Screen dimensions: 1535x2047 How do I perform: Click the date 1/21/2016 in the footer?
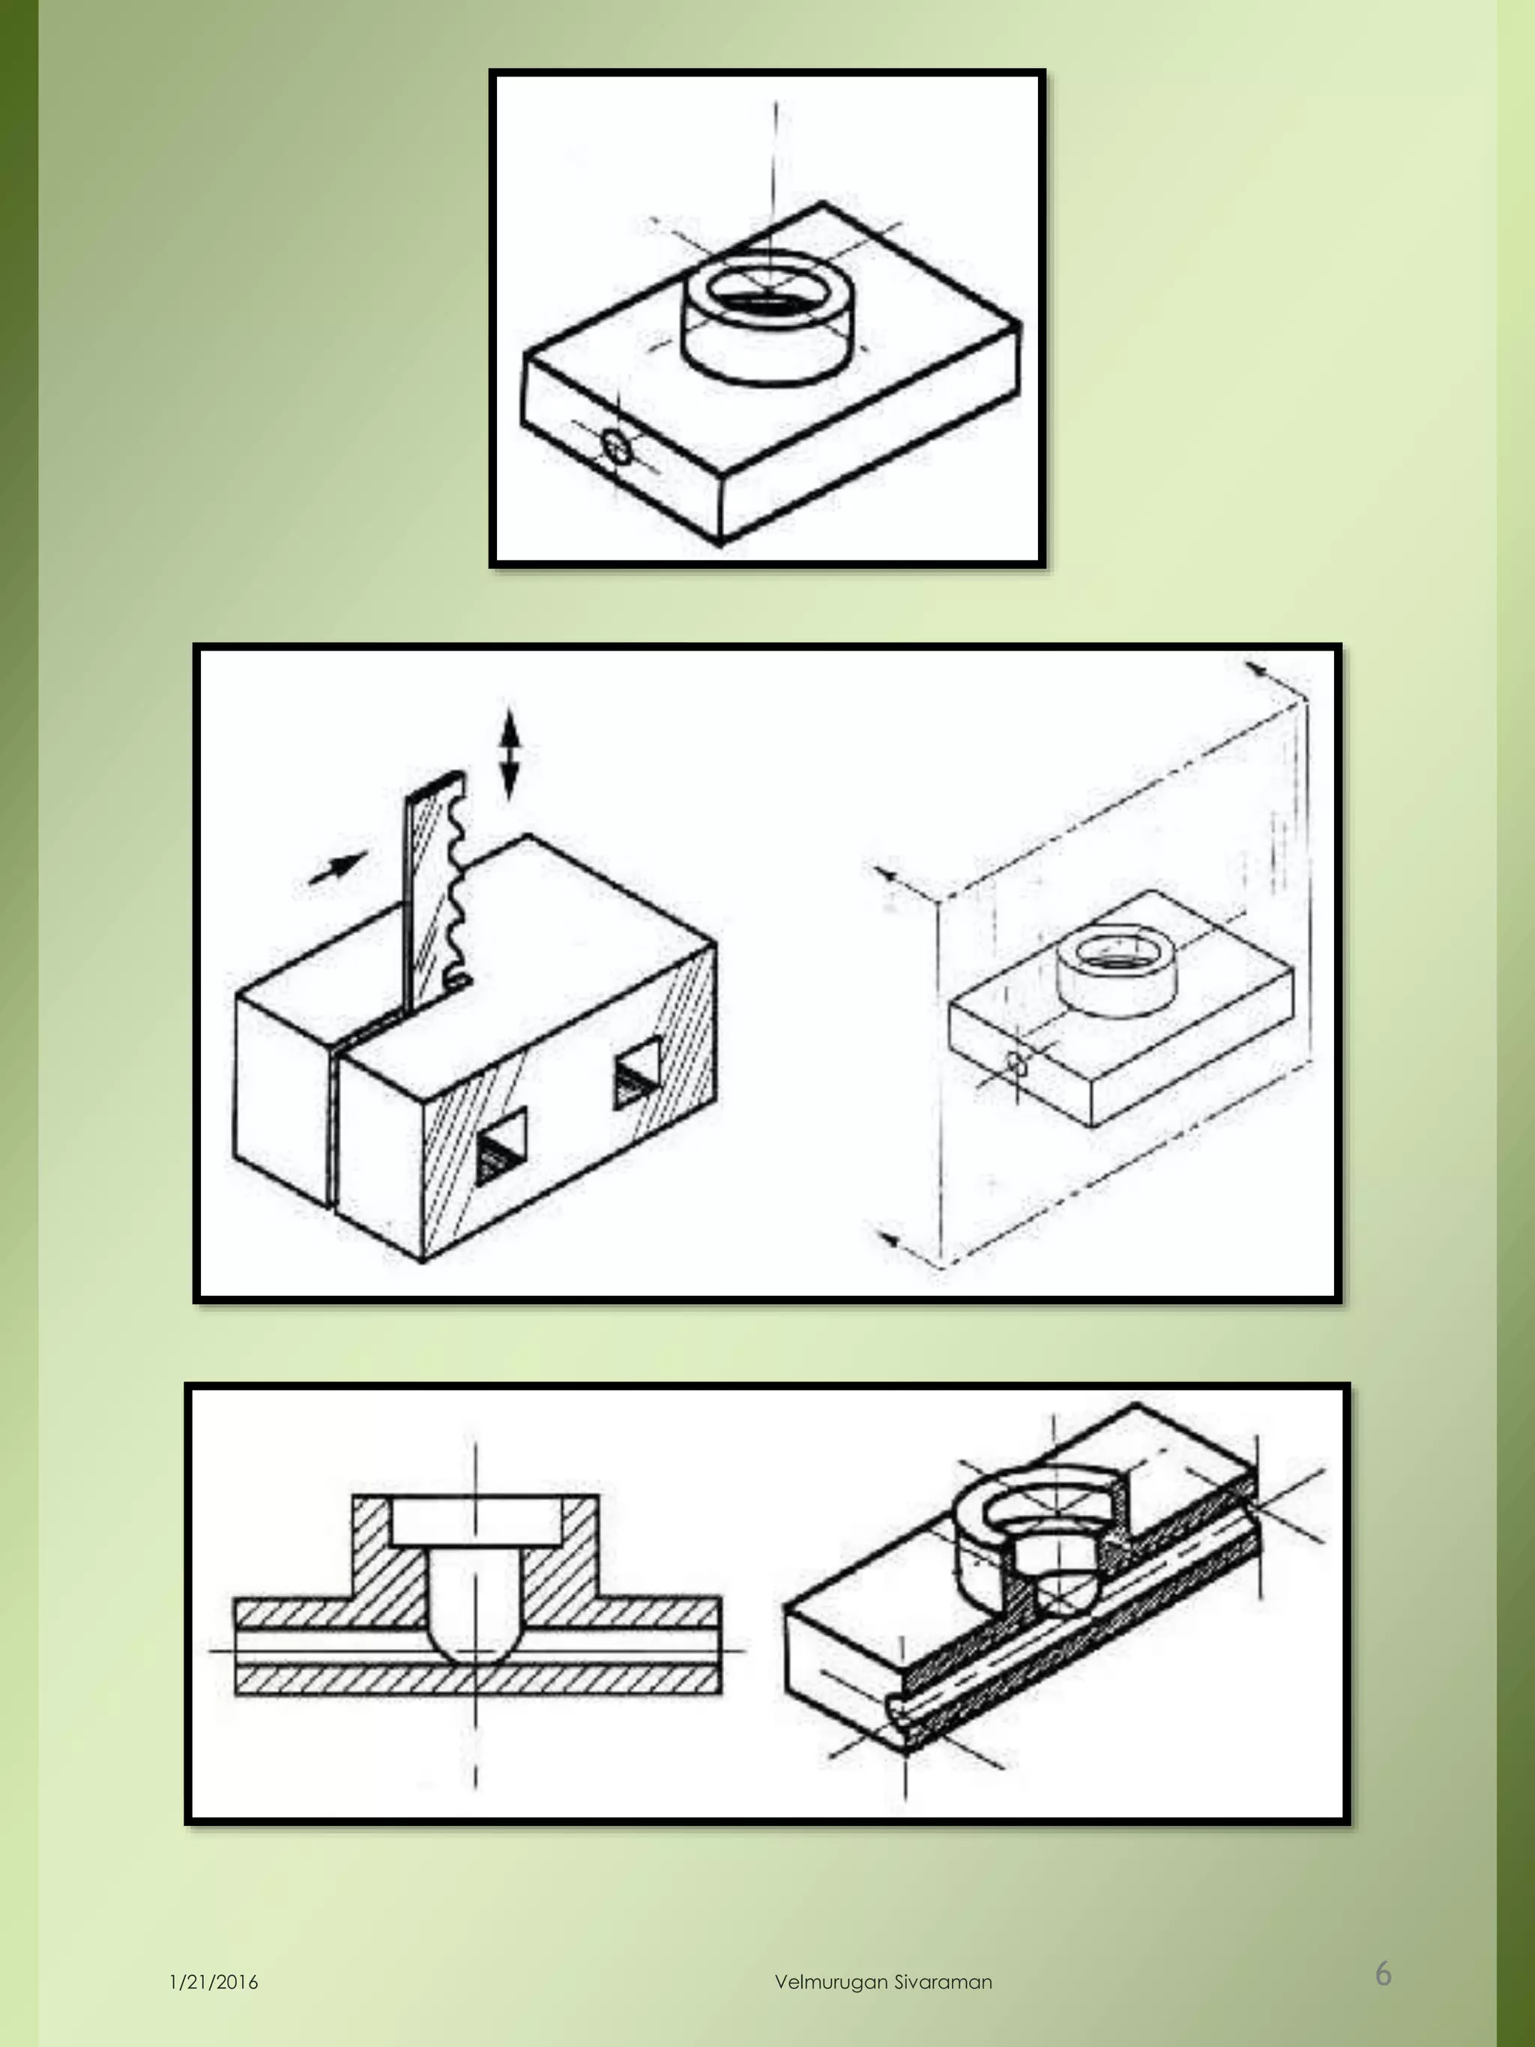[214, 1983]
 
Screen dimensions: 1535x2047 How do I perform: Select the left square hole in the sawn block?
[501, 1148]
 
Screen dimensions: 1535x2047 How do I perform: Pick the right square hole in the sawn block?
[638, 1073]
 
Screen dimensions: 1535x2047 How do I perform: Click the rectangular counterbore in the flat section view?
[476, 1520]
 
